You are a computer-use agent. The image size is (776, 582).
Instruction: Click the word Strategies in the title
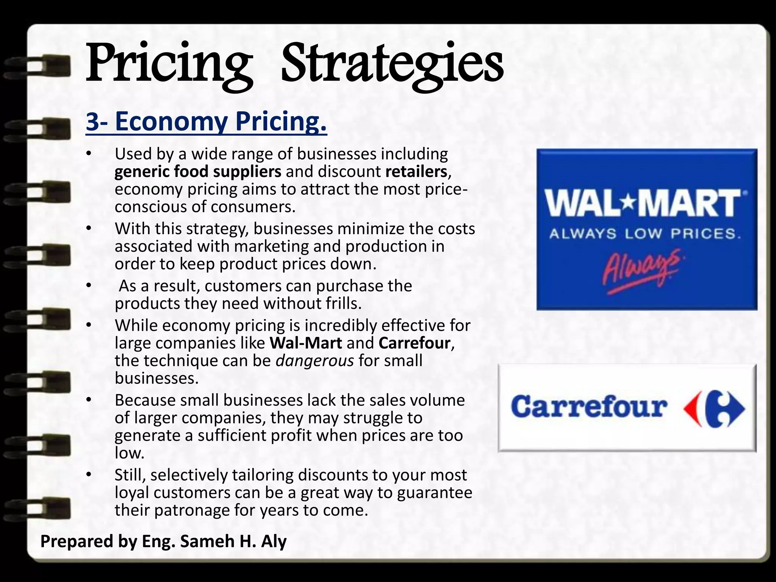392,64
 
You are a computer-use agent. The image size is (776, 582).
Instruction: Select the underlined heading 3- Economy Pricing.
206,122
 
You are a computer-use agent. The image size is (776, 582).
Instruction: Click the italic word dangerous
314,360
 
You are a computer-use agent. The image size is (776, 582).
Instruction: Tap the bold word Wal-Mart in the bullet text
306,343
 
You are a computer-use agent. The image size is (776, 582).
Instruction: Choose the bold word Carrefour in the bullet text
415,343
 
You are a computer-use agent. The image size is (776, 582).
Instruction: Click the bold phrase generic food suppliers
198,172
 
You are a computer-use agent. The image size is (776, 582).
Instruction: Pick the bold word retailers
416,172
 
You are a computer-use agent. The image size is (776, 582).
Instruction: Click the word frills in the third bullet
341,304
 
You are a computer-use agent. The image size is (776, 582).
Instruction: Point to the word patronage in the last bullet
192,510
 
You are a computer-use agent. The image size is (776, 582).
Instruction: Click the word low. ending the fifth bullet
130,453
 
